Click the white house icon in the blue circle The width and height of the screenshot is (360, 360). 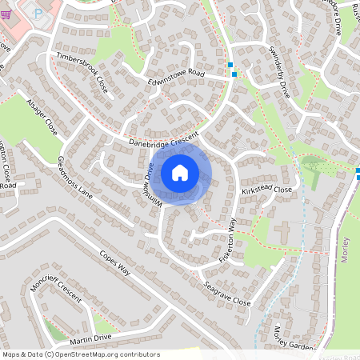point(180,172)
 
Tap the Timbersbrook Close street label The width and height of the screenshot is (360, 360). point(82,74)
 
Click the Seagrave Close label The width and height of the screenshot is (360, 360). point(226,294)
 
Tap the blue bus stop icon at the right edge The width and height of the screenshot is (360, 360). point(357,172)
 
